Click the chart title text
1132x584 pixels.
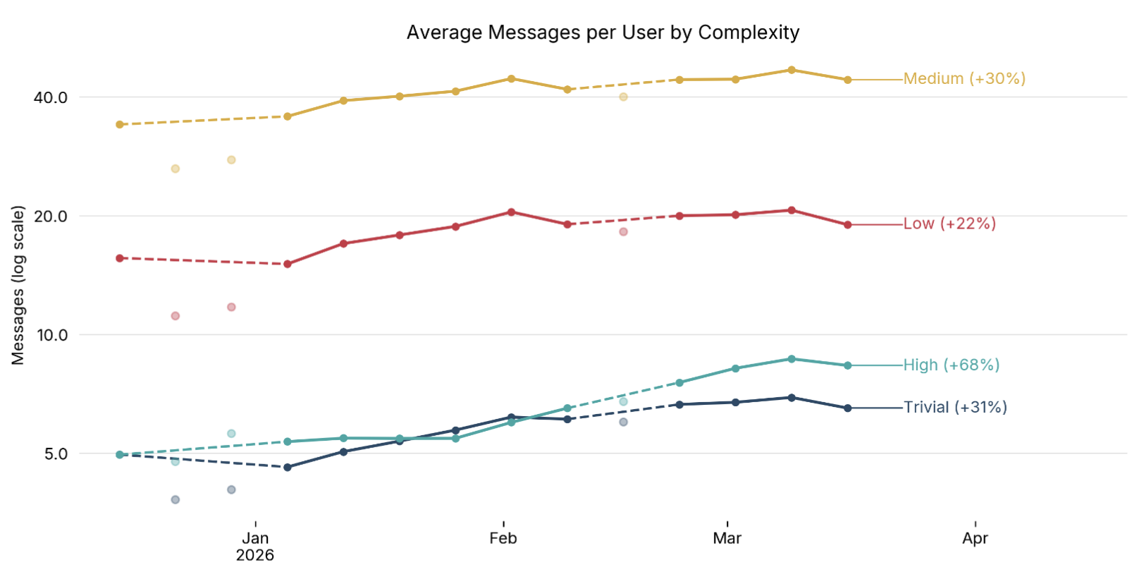click(x=603, y=32)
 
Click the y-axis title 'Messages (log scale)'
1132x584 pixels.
click(x=18, y=285)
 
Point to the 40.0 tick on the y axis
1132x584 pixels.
click(x=51, y=97)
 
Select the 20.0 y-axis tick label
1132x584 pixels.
click(x=51, y=217)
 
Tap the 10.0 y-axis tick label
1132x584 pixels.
click(x=51, y=335)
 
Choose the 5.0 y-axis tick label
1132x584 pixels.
click(x=56, y=454)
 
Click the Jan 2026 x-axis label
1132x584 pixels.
click(x=255, y=546)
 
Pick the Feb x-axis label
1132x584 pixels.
click(x=503, y=538)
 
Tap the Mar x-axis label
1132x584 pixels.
click(x=727, y=538)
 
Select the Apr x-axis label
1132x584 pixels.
click(x=975, y=538)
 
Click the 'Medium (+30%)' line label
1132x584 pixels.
click(x=964, y=78)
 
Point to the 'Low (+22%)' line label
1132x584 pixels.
click(x=949, y=224)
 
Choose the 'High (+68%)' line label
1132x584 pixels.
click(x=952, y=365)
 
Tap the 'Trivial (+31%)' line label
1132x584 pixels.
click(x=955, y=407)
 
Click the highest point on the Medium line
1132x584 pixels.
click(x=792, y=70)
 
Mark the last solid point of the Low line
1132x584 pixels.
click(x=847, y=225)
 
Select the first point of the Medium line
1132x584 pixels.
click(x=120, y=125)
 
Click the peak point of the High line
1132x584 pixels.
click(x=792, y=359)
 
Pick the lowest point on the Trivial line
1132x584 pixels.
click(x=287, y=467)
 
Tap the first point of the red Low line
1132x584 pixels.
click(x=120, y=258)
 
